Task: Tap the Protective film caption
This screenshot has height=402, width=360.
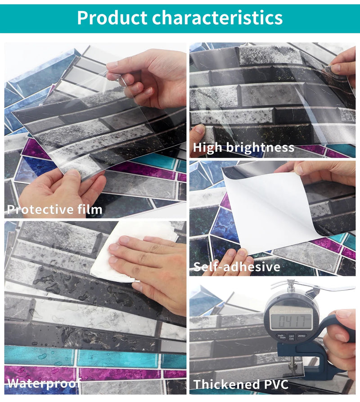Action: (54, 209)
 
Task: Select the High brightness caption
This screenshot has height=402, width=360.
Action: (243, 147)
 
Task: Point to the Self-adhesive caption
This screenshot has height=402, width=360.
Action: (237, 266)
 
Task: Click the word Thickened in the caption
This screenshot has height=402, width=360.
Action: (222, 384)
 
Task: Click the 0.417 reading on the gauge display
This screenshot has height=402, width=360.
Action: (292, 321)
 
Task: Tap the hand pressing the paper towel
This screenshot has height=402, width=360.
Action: (148, 270)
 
